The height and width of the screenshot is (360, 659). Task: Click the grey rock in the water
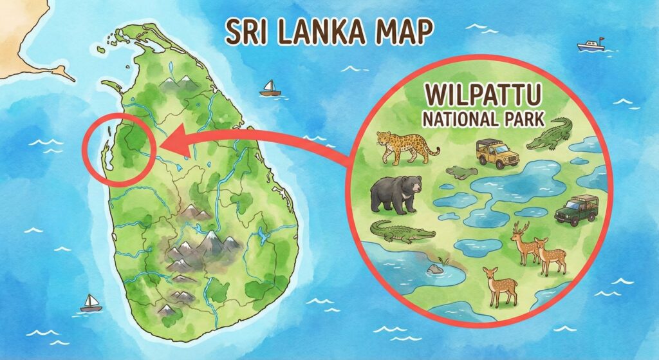click(x=436, y=268)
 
